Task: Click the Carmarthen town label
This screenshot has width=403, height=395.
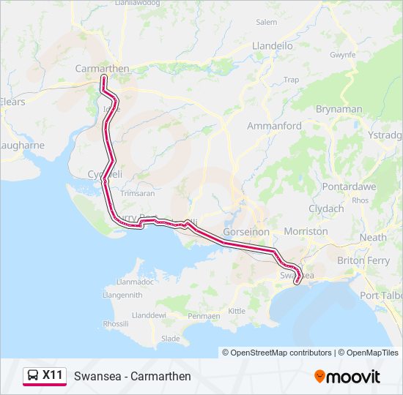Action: point(102,69)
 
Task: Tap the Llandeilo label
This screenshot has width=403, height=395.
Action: point(272,45)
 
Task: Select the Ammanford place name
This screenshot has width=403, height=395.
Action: point(274,126)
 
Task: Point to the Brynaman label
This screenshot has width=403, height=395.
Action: point(339,109)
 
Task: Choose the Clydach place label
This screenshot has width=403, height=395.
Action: point(326,208)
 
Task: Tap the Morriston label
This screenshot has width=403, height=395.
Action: point(306,231)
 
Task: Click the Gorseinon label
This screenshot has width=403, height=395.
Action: point(246,231)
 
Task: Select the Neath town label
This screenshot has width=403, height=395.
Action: point(373,238)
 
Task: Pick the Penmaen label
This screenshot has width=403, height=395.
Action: point(204,316)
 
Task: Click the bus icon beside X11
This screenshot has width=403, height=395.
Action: point(32,376)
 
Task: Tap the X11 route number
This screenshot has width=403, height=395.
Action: point(52,375)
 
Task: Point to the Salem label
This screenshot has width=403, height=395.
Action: point(266,23)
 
